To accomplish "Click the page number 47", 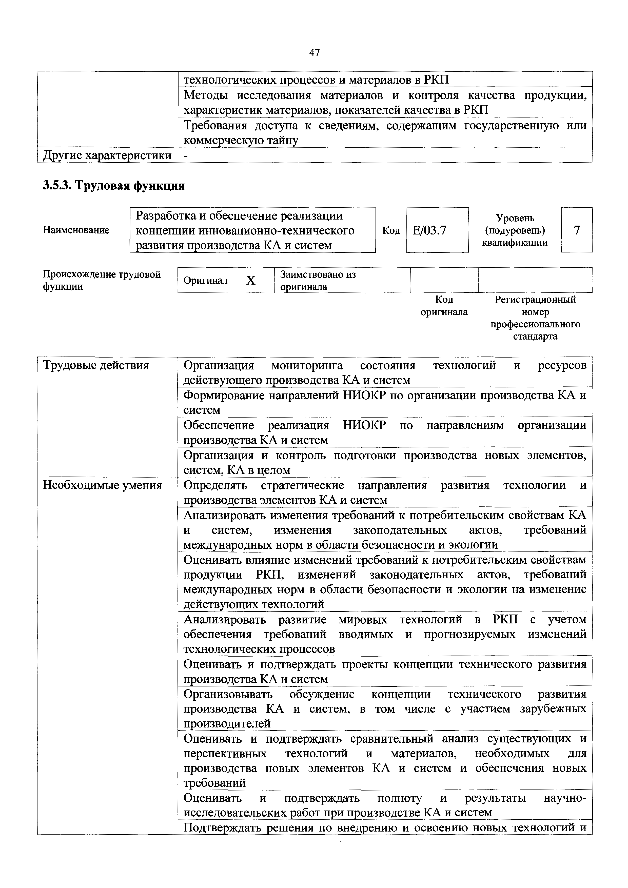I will click(315, 53).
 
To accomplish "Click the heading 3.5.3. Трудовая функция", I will click(114, 186).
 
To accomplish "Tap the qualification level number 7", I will click(577, 230).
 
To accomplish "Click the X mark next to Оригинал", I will click(251, 280).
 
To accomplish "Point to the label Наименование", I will click(76, 230).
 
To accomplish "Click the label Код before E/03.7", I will click(391, 230).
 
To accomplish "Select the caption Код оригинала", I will click(444, 306).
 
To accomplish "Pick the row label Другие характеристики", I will click(107, 155).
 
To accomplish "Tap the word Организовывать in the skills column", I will click(228, 694).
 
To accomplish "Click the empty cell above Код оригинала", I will click(444, 280).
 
